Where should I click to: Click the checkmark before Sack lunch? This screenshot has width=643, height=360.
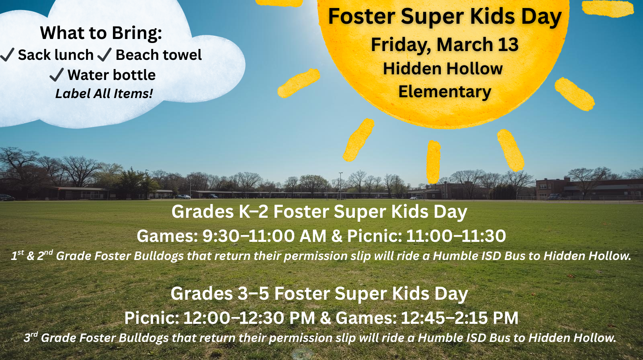8,55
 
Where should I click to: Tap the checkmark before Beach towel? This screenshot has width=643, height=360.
104,55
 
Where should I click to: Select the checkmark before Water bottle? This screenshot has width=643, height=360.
56,75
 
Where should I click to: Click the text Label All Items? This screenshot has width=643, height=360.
104,94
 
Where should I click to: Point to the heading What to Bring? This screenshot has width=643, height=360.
101,33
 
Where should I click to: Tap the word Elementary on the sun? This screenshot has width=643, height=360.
444,92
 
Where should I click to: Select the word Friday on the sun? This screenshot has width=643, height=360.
400,45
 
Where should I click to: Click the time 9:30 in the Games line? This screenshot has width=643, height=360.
221,236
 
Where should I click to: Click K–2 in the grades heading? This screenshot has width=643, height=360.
254,212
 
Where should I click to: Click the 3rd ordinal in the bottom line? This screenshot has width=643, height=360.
31,337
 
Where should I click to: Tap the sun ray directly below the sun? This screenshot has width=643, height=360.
434,162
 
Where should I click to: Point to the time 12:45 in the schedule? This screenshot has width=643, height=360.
422,318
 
